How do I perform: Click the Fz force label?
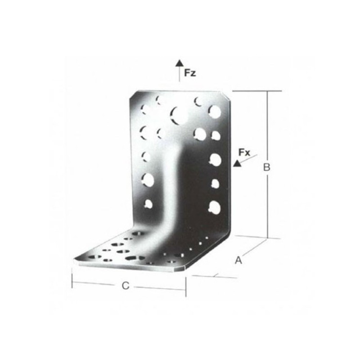click(x=190, y=73)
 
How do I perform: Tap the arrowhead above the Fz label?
click(x=179, y=63)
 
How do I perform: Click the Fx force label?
click(x=244, y=152)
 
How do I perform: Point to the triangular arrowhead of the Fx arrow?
click(x=237, y=163)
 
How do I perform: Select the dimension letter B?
click(x=266, y=167)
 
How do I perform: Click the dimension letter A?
click(x=238, y=260)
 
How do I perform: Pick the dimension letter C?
click(x=126, y=286)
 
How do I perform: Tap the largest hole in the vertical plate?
click(x=179, y=116)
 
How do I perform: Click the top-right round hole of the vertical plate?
click(x=215, y=112)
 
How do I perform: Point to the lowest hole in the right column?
click(x=215, y=207)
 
